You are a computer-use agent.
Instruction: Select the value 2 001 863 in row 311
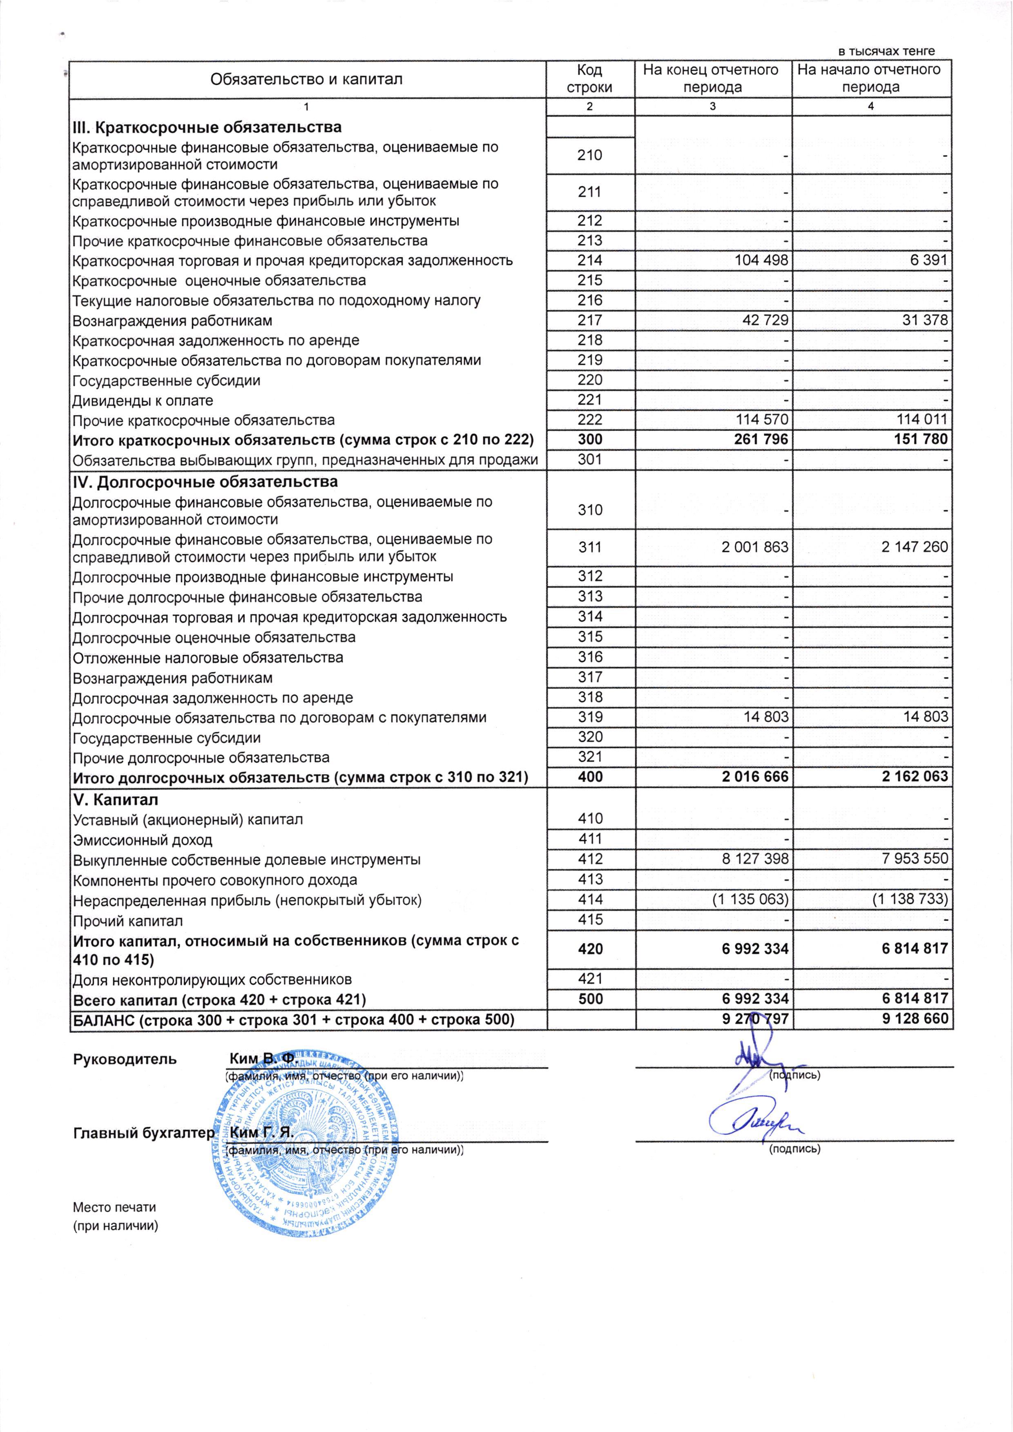coord(755,548)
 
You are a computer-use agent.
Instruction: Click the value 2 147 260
coord(915,548)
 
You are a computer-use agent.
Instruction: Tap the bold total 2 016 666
coord(755,777)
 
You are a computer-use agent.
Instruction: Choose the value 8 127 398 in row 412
coord(755,860)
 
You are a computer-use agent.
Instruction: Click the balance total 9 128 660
coord(915,1019)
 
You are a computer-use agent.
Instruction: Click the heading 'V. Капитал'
coord(116,800)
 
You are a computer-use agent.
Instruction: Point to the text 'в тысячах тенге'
coord(886,51)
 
